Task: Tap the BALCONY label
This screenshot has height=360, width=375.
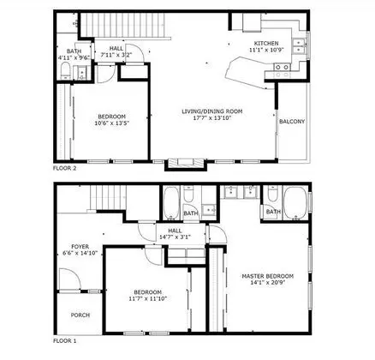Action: [292, 122]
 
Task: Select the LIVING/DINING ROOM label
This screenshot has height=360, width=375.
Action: [212, 111]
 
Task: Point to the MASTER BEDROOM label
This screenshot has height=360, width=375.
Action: [268, 276]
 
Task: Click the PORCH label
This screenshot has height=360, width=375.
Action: [80, 315]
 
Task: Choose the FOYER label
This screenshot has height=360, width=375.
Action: [80, 246]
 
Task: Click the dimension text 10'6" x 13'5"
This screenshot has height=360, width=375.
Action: [112, 123]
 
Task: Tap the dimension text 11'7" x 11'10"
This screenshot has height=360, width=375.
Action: [147, 299]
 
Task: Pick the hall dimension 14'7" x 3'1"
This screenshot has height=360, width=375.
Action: [175, 237]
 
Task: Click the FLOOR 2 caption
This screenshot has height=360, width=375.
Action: [65, 168]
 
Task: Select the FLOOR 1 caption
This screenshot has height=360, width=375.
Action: [65, 341]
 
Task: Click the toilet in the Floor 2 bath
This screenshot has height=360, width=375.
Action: [66, 71]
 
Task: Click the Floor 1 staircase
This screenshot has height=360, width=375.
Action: [109, 198]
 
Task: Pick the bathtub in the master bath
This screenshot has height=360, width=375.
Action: [296, 204]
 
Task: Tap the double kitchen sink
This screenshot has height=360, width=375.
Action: [299, 46]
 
